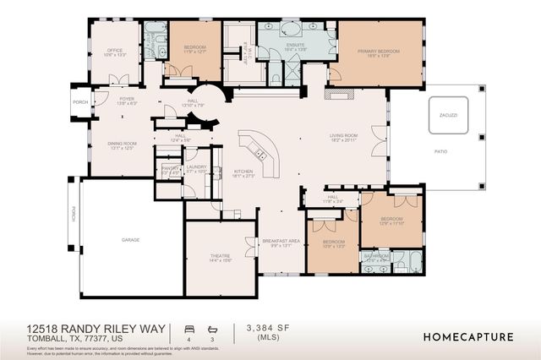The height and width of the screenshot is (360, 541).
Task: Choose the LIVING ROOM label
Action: tap(344, 135)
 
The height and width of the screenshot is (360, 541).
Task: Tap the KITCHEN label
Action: tap(243, 172)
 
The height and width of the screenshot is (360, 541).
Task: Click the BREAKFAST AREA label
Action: tap(281, 241)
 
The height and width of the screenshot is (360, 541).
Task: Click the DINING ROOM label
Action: tap(122, 144)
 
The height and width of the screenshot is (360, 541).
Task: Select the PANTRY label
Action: tap(169, 167)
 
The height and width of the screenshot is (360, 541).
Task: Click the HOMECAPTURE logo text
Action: tap(467, 336)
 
